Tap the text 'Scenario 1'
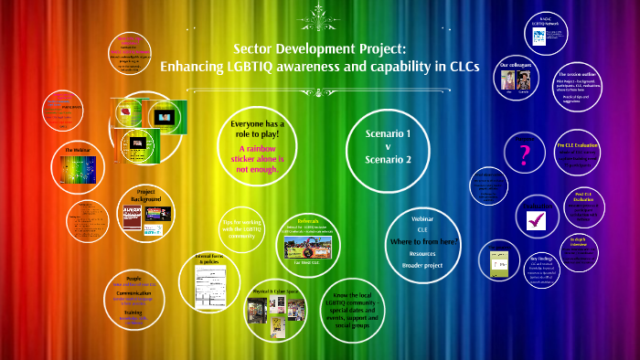(389, 133)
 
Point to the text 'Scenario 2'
(389, 159)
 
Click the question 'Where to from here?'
(423, 241)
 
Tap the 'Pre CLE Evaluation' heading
(578, 144)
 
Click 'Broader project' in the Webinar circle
(423, 265)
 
